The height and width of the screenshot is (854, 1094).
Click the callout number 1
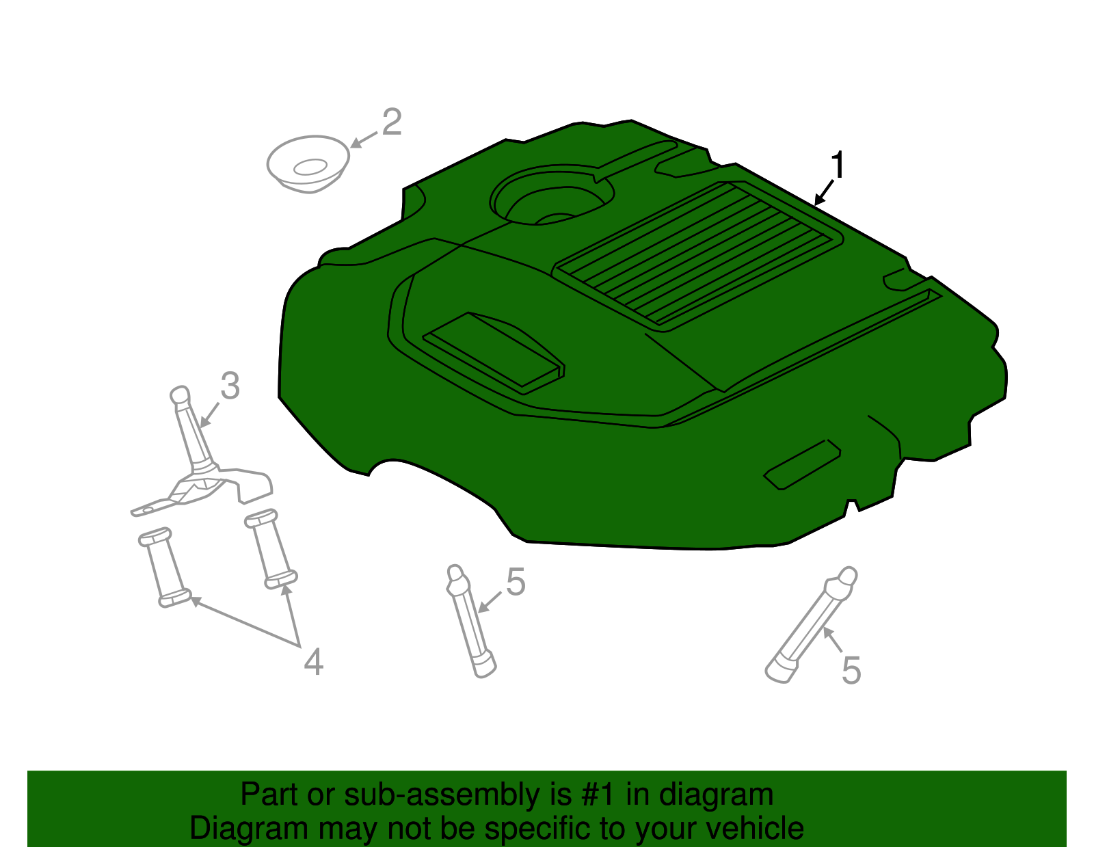pyautogui.click(x=838, y=166)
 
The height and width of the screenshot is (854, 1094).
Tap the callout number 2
pyautogui.click(x=391, y=123)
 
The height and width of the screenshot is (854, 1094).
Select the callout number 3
pyautogui.click(x=230, y=386)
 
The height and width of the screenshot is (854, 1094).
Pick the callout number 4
pyautogui.click(x=313, y=662)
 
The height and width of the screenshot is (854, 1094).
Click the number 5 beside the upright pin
pyautogui.click(x=516, y=583)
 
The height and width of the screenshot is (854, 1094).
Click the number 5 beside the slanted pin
pyautogui.click(x=851, y=670)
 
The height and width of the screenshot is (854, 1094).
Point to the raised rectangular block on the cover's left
pyautogui.click(x=494, y=349)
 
